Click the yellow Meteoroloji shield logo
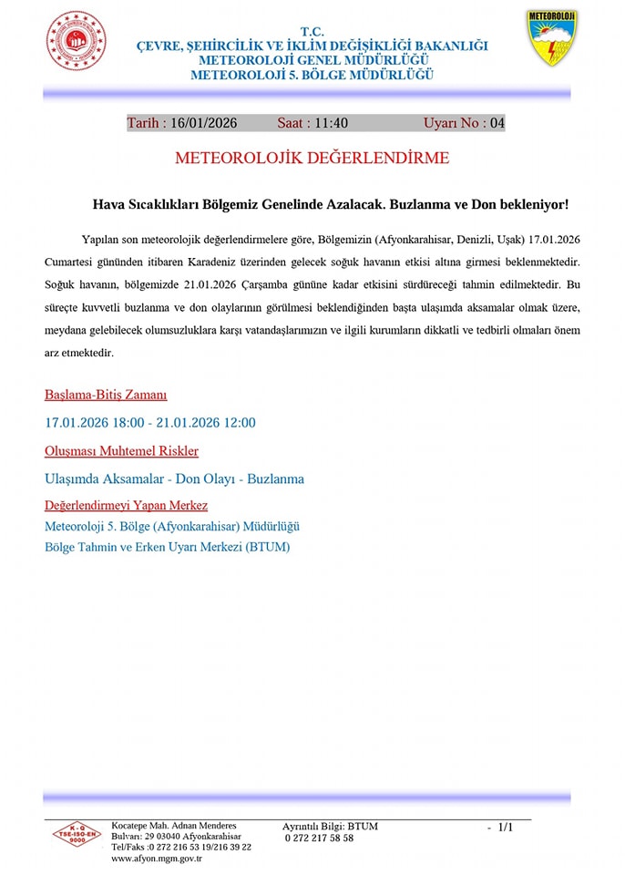pos(551,38)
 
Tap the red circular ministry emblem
pos(76,42)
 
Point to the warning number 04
pos(497,123)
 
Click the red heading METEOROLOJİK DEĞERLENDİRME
pos(312,159)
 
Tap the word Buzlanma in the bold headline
pos(423,205)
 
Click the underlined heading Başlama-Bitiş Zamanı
pos(106,396)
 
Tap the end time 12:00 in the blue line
pos(238,423)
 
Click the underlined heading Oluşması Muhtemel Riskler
pos(121,451)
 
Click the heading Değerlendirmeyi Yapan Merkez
pos(126,506)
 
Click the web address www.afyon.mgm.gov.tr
pos(157,859)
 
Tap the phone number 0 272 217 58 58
pos(319,839)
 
